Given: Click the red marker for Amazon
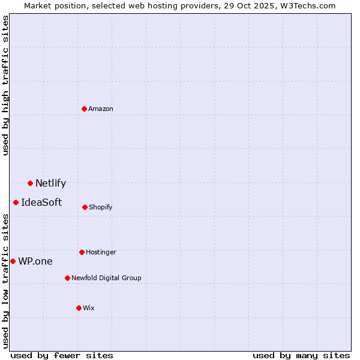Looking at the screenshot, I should point(84,109).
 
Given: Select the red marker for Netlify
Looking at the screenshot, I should point(30,183).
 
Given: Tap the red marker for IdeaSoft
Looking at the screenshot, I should point(16,202).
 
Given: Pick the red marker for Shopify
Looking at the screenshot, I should point(85,207).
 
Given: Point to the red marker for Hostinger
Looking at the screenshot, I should point(82,252).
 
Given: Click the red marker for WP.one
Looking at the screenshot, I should point(13,261).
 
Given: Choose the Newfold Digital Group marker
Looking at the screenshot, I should point(67,278).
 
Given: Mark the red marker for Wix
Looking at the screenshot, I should point(79,308).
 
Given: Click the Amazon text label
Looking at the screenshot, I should point(101,109).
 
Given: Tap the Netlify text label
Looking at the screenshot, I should point(50,184).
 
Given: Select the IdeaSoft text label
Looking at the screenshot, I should point(41,203).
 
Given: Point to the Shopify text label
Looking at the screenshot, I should point(101,207).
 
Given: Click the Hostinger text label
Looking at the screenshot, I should point(101,252).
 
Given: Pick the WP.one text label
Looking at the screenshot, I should point(35,262).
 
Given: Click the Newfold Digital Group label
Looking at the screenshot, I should point(106,278).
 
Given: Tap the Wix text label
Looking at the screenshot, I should point(89,308).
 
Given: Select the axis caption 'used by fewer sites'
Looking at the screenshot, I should point(62,355).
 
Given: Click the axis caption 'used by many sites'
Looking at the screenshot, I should point(301,355).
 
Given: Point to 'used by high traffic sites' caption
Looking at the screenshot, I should point(5,85).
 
